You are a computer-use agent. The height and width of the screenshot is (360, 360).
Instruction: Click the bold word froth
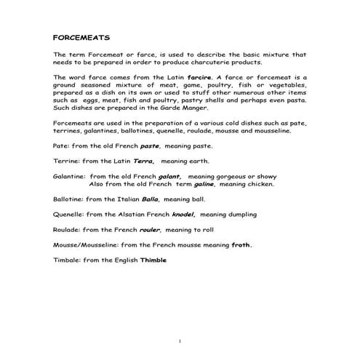coord(239,245)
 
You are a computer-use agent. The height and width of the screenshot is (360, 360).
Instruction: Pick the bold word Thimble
coord(153,260)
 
